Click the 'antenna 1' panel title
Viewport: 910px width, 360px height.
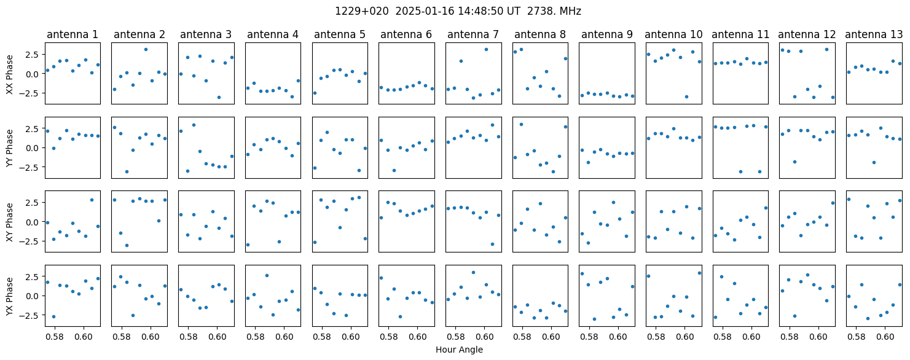point(73,35)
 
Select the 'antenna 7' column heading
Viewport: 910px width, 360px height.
point(473,35)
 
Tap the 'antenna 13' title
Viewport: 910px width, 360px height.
point(874,35)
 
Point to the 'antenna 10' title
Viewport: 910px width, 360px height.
point(673,35)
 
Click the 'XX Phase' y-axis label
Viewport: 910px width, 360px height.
point(10,74)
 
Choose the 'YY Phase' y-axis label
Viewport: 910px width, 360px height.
point(10,148)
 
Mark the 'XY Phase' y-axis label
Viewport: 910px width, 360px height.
point(10,222)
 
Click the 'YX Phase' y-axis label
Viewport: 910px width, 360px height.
point(10,296)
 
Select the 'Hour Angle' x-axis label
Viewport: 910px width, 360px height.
point(459,350)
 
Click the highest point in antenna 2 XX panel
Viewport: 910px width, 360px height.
point(146,50)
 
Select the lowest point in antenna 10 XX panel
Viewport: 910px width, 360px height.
point(686,96)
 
